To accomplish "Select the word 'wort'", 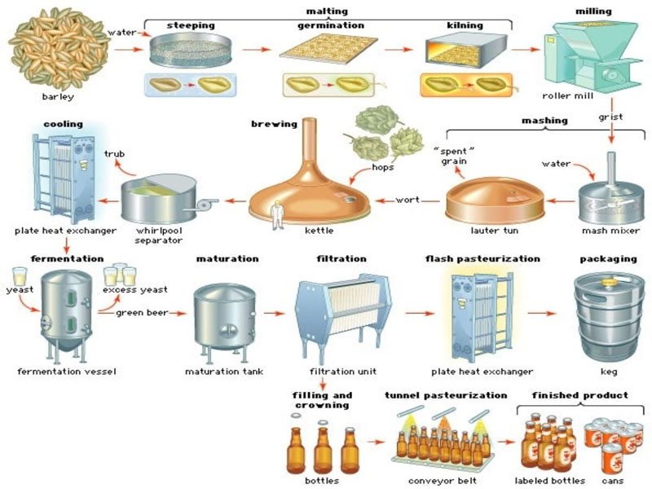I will tap(407, 200).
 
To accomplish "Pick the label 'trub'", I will tap(114, 153).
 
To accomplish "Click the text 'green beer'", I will tap(142, 311).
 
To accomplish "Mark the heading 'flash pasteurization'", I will tap(482, 258).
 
